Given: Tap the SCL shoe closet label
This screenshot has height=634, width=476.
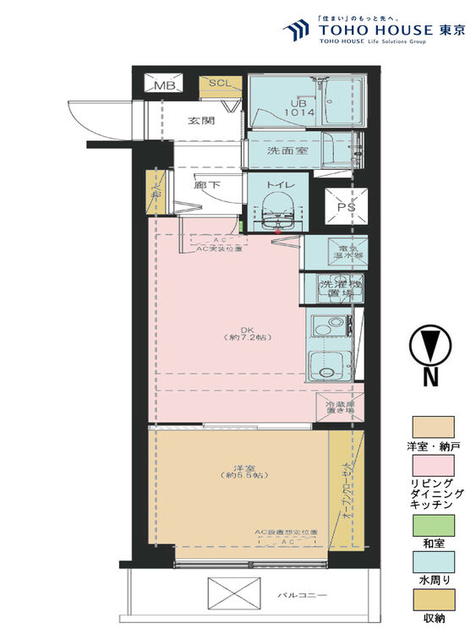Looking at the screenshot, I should (x=219, y=83).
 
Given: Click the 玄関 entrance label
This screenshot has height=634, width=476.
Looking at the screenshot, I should (x=200, y=121).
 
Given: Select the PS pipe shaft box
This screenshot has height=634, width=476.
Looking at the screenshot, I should (x=347, y=205).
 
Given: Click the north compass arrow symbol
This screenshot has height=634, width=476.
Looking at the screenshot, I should (x=429, y=347).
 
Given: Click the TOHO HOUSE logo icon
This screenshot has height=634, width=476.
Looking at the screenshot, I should (x=297, y=31).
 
